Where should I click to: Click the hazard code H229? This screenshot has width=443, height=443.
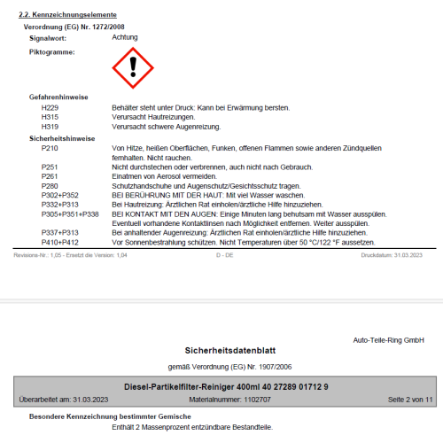pyautogui.click(x=51, y=107)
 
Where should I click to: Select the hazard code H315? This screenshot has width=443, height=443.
pyautogui.click(x=51, y=117)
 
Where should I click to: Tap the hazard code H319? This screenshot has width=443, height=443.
pyautogui.click(x=51, y=127)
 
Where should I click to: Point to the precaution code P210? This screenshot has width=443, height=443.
pyautogui.click(x=51, y=148)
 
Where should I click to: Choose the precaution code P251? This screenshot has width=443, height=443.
pyautogui.click(x=51, y=167)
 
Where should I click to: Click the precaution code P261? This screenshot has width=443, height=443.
pyautogui.click(x=51, y=176)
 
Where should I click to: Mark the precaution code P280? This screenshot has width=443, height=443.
pyautogui.click(x=51, y=186)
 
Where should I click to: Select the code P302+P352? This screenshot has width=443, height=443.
pyautogui.click(x=60, y=195)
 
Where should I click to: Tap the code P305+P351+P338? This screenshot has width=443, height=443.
pyautogui.click(x=70, y=214)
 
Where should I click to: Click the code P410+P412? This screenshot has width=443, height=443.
pyautogui.click(x=60, y=242)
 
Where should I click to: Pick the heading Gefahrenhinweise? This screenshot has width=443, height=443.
pyautogui.click(x=58, y=97)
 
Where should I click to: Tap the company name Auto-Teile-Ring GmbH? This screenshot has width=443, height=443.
pyautogui.click(x=388, y=339)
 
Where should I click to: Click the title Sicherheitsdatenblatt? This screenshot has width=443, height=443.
pyautogui.click(x=221, y=350)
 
